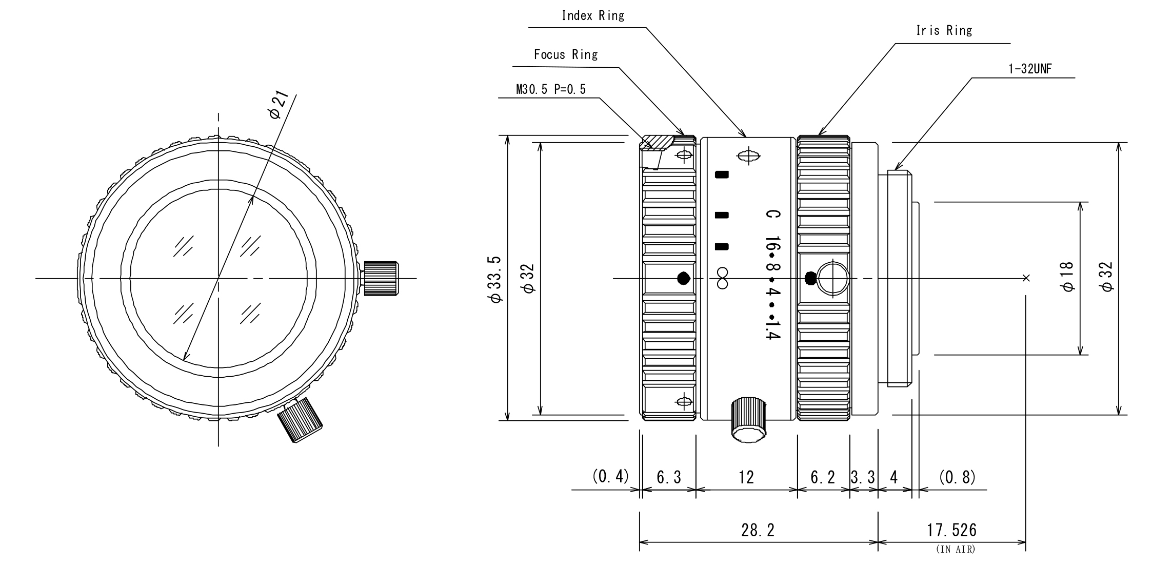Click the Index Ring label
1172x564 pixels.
[593, 15]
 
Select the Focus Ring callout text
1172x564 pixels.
[565, 54]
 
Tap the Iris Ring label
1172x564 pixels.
[944, 31]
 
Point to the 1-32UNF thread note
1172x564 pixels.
[1029, 69]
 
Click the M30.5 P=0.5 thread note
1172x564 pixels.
[550, 90]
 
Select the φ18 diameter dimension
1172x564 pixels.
[1067, 278]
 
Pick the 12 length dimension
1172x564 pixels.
[746, 478]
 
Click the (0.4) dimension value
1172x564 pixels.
[610, 477]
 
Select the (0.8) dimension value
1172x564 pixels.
[957, 478]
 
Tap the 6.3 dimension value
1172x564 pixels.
[669, 478]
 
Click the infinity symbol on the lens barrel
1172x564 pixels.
[722, 278]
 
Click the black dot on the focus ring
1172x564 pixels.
[683, 279]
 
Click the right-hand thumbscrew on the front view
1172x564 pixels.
[381, 278]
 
